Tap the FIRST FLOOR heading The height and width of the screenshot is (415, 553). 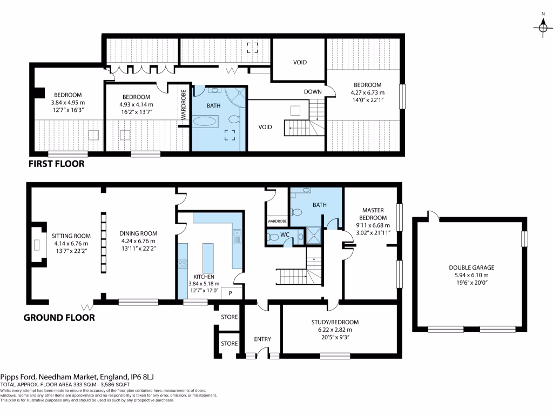(x=56, y=164)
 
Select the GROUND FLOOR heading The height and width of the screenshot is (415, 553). (x=59, y=318)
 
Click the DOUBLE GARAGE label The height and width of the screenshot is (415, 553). (x=471, y=267)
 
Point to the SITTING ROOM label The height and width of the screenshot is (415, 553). (x=71, y=236)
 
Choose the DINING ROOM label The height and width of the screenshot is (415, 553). (x=138, y=233)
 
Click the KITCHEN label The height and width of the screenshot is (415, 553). (x=204, y=277)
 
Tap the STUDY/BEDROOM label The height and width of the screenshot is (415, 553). (x=335, y=322)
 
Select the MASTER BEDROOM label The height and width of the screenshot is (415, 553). (x=373, y=214)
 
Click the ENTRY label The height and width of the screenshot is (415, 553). (x=262, y=339)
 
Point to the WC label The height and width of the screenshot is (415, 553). (x=285, y=235)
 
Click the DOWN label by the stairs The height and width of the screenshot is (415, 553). (x=313, y=92)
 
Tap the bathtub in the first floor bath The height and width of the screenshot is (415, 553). (x=205, y=122)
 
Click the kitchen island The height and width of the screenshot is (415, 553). (x=208, y=258)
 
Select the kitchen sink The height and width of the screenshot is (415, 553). (x=237, y=236)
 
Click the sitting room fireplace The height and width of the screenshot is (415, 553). (x=36, y=245)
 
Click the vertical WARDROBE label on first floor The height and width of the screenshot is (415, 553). (x=184, y=104)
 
